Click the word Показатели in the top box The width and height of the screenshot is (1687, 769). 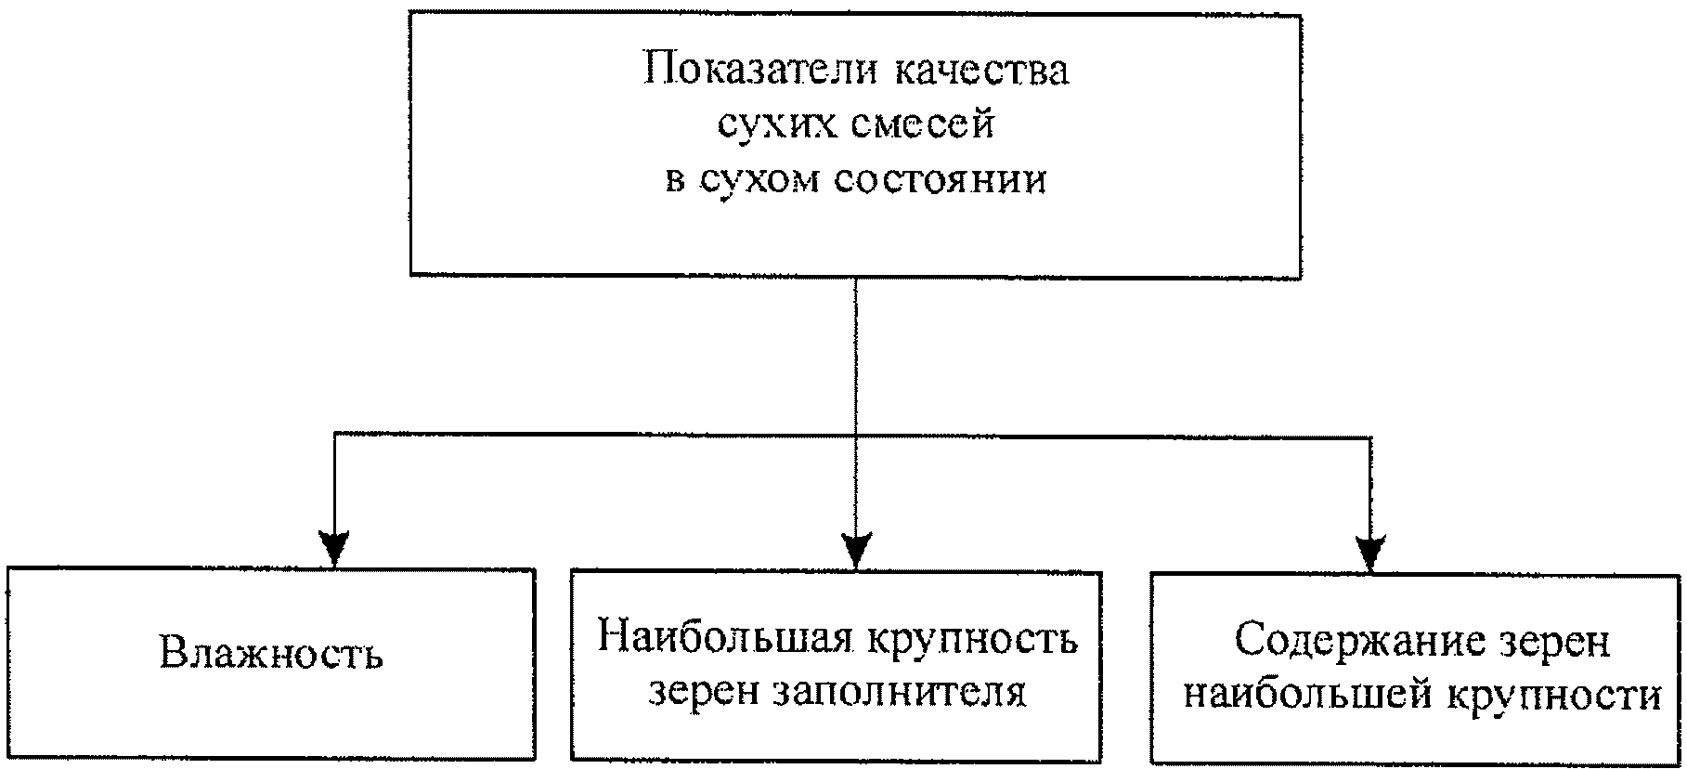(x=760, y=71)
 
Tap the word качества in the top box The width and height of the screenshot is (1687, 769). (x=982, y=72)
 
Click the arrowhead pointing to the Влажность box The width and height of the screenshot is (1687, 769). (x=333, y=548)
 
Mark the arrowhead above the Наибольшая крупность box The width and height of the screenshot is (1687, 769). (x=857, y=550)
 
